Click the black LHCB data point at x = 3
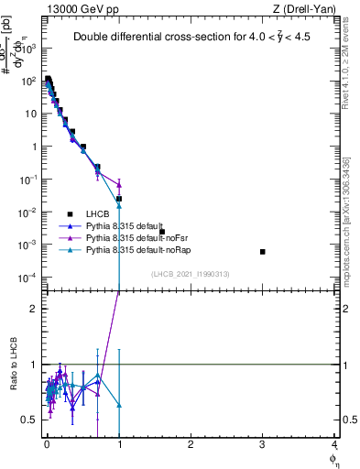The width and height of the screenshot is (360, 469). tap(263, 252)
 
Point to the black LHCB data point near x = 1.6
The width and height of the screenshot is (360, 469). tap(162, 232)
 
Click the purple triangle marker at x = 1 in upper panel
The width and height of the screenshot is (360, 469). tap(119, 185)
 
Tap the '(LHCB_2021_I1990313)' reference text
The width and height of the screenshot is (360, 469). tap(191, 274)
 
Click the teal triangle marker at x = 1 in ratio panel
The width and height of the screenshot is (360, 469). tap(119, 404)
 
